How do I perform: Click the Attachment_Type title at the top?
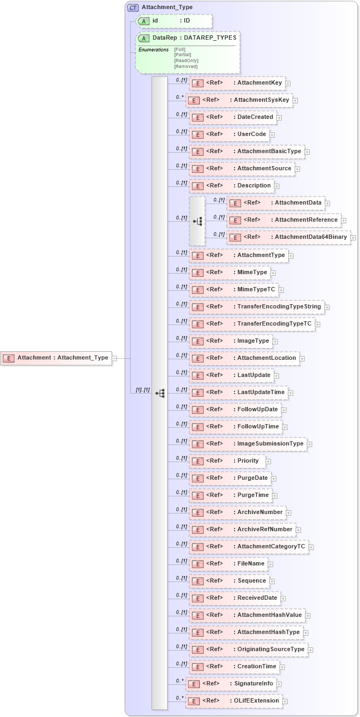pos(167,7)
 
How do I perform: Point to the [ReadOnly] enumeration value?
pos(185,61)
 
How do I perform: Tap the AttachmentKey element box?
pos(237,83)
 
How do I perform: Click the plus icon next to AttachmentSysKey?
pos(295,100)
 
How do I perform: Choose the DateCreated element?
pos(233,117)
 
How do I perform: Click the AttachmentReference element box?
pos(283,220)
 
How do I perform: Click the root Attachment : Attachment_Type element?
pos(57,358)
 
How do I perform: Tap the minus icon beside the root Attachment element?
pos(115,358)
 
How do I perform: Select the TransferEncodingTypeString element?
pos(257,307)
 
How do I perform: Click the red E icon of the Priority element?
pos(198,461)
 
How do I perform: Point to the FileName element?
pos(228,564)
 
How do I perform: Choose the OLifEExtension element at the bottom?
pos(234,701)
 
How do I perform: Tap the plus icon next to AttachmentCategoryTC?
pos(311,547)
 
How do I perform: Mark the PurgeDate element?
pos(230,478)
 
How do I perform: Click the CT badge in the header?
pos(132,7)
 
